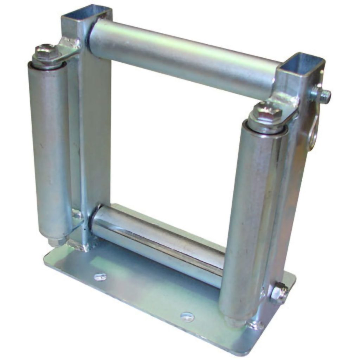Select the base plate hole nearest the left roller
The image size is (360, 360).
(100, 277)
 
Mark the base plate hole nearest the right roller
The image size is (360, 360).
(187, 316)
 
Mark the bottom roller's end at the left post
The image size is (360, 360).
(96, 220)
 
